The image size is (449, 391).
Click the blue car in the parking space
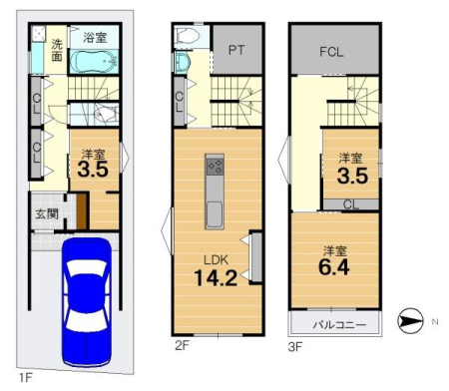pos(87,302)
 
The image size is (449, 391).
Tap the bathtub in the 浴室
pos(94,62)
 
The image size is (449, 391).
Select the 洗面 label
pos(57,50)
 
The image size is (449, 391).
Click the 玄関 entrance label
pos(47,213)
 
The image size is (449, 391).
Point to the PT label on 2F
pos(236,50)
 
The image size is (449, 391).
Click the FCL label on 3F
pos(331,52)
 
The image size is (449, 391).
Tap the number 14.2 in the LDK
pos(216,278)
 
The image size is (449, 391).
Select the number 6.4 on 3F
pos(334,267)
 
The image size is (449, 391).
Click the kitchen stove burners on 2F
pos(215,167)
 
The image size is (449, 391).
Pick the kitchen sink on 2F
pos(215,214)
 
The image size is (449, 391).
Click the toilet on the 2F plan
pos(187,36)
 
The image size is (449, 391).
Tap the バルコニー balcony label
pos(339,324)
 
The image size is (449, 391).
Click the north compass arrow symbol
pos(410,321)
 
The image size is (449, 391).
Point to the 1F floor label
pos(25,378)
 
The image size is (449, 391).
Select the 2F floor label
pos(182,346)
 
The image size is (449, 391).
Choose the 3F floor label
pos(295,347)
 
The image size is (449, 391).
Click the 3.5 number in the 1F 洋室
pos(93,169)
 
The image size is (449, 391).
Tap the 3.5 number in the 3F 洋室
pos(352,176)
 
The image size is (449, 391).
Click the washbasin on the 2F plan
pos(182,63)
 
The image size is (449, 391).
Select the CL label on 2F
pos(179,102)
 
